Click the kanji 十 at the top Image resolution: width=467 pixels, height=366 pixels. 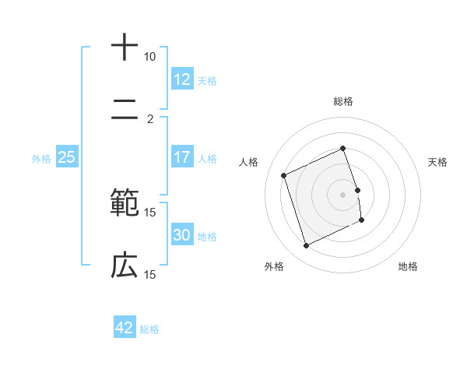[125, 48]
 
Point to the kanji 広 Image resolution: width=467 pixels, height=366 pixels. [125, 266]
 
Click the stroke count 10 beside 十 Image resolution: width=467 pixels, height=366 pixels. [150, 57]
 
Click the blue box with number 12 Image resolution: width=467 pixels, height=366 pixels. [182, 79]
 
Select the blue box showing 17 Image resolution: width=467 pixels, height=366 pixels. [182, 157]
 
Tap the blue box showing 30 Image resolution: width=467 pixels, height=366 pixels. [182, 235]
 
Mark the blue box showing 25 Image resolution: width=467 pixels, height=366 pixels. [67, 157]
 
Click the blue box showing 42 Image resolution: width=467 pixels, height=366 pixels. [125, 328]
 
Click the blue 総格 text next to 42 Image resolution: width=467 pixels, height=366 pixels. [150, 329]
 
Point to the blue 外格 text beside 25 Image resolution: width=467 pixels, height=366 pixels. [41, 159]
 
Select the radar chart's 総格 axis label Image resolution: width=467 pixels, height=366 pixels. [343, 101]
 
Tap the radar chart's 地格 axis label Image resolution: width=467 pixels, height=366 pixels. [408, 267]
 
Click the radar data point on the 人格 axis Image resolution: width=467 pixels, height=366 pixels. [285, 174]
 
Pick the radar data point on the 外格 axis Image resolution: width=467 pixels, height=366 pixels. [307, 246]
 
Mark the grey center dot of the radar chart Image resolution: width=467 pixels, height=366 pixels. [343, 194]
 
